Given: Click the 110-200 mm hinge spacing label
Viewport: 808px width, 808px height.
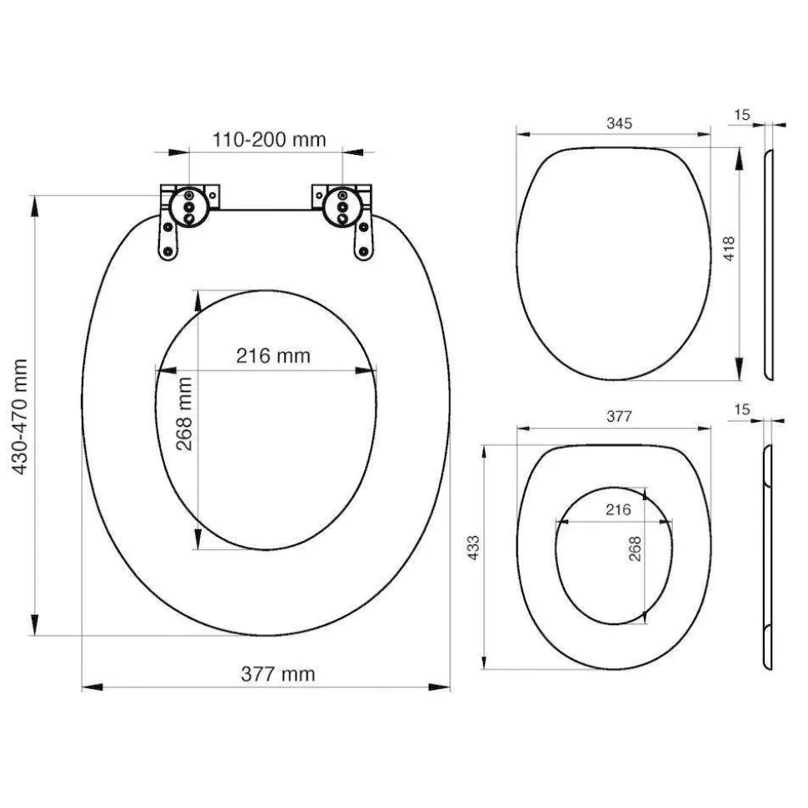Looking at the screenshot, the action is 269,140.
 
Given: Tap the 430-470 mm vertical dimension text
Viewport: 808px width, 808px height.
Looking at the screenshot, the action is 19,417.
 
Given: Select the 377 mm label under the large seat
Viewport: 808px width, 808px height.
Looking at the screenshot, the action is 277,674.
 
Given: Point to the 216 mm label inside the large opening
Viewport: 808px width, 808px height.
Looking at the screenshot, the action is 273,355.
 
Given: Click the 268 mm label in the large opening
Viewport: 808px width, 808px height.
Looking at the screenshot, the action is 184,414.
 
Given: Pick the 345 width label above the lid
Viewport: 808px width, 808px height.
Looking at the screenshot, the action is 619,123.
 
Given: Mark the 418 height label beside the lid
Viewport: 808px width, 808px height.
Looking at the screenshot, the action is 729,249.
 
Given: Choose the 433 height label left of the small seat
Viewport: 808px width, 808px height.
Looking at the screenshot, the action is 472,548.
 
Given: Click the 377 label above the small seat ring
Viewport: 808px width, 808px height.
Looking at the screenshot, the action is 619,416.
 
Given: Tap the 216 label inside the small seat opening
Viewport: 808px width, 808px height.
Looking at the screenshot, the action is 618,509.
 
